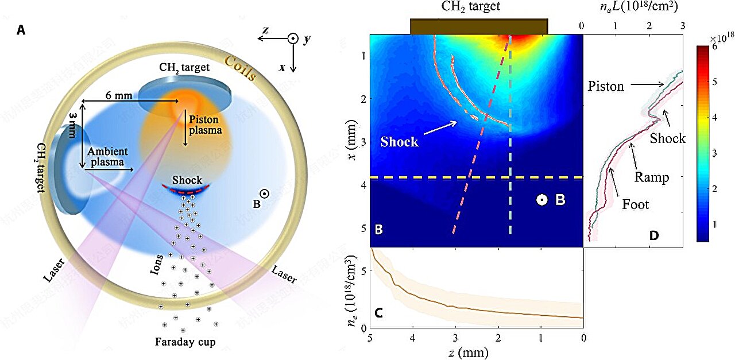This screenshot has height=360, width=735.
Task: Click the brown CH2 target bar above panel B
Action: (x=479, y=26)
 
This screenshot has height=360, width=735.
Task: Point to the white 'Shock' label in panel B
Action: (x=399, y=142)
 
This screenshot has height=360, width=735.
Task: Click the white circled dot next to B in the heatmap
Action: (x=541, y=200)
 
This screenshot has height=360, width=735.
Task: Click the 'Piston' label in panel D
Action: (x=606, y=86)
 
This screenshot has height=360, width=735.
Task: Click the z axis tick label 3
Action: (x=455, y=338)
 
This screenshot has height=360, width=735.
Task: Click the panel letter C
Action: (x=379, y=313)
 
